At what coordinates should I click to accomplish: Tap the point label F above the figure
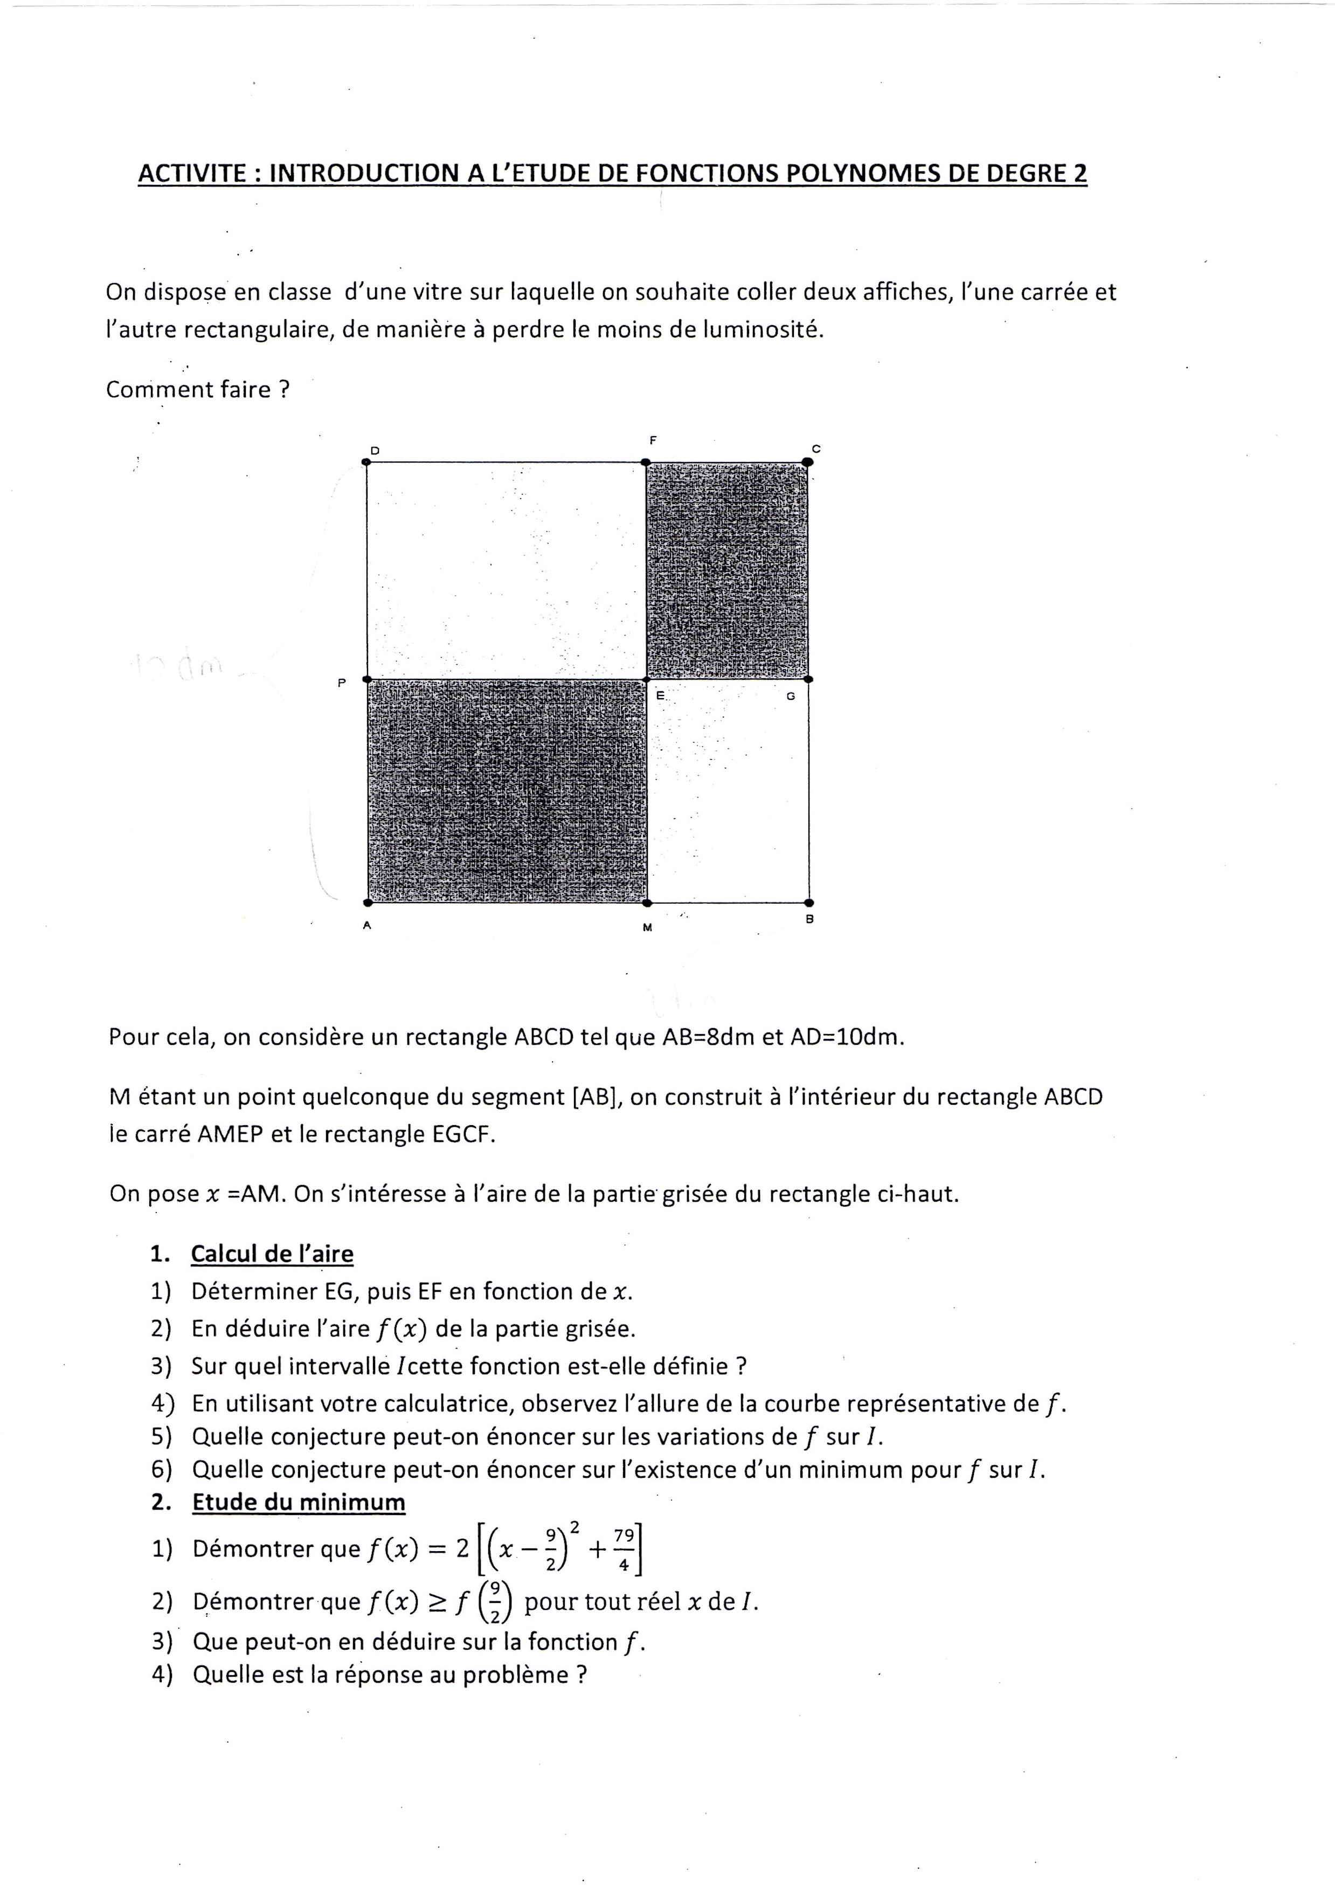[x=653, y=440]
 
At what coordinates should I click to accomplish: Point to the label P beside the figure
[x=341, y=681]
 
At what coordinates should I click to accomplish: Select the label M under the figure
[x=647, y=927]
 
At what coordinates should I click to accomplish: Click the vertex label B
[x=810, y=919]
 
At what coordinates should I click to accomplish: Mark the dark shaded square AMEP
[x=507, y=791]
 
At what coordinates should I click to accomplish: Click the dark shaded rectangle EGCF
[x=727, y=570]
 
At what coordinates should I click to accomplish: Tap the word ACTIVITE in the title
[x=191, y=174]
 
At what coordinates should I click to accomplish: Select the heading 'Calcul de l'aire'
[x=272, y=1254]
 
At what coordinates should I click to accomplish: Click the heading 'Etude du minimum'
[x=299, y=1502]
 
